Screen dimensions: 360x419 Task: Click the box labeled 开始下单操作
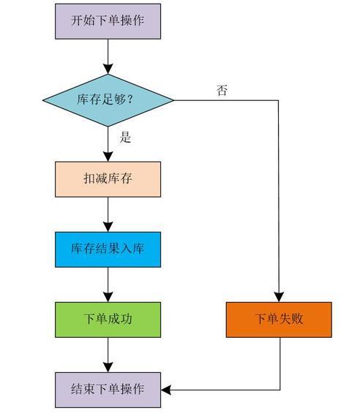point(108,21)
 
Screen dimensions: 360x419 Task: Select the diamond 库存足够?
point(108,100)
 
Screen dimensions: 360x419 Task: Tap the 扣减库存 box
point(108,179)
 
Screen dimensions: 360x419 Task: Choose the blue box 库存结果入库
point(108,249)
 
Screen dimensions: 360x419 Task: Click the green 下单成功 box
point(108,320)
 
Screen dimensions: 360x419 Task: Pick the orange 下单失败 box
point(279,320)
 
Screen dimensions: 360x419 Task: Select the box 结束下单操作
point(108,390)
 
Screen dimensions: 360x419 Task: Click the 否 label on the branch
point(222,91)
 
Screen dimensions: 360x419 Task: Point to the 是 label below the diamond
point(125,137)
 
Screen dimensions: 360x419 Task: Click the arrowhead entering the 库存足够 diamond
point(108,69)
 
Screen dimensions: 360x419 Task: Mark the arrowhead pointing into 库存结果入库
point(108,227)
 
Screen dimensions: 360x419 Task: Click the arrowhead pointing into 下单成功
point(108,298)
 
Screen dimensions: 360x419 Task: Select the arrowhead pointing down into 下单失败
point(279,298)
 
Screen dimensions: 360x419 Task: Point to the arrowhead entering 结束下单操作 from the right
point(166,390)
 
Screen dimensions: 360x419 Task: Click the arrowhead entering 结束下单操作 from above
point(108,368)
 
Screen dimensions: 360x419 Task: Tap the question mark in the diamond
point(130,99)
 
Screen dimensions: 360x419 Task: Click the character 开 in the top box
point(77,20)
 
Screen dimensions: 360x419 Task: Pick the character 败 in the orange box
point(297,319)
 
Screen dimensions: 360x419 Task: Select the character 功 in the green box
point(126,319)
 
